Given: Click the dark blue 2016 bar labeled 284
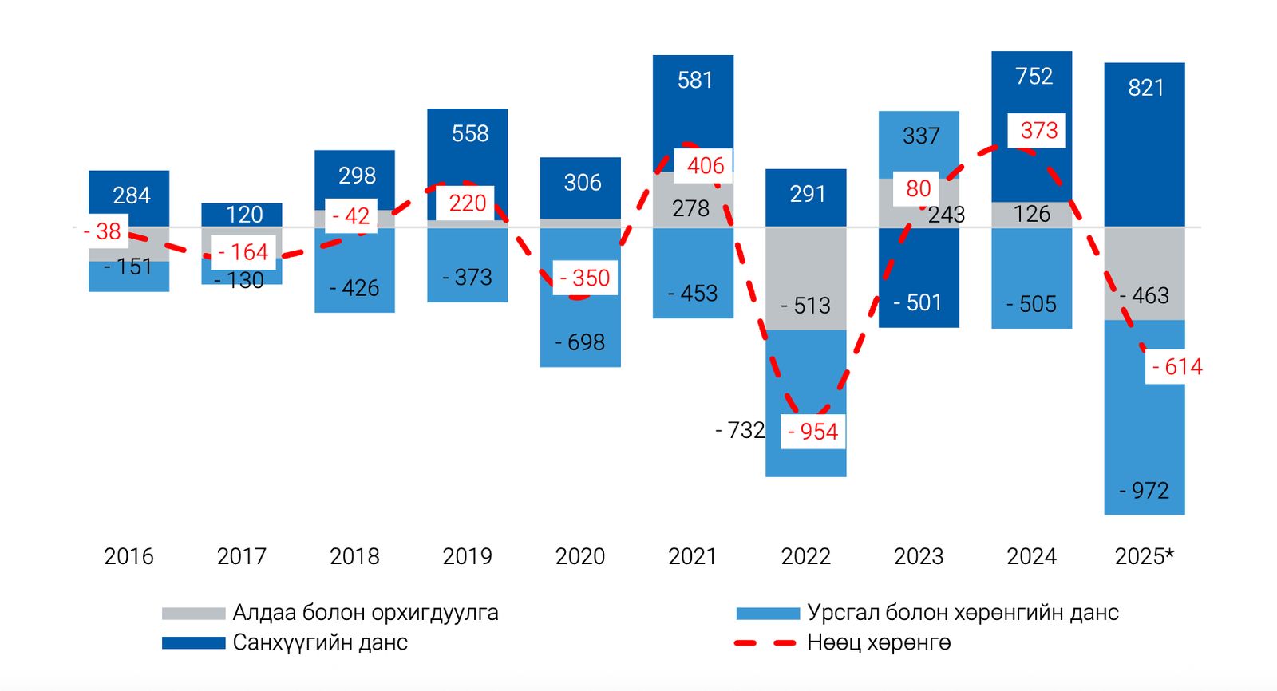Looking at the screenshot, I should pos(128,198).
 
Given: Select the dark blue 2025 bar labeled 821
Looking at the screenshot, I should pos(1145,144).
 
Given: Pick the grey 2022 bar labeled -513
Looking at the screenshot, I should pos(805,279).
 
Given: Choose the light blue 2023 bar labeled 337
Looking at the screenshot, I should pos(919,144).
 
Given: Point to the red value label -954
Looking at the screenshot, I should pos(812,432).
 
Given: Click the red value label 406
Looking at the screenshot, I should pos(705,166).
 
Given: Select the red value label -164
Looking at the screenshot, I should pos(243,252).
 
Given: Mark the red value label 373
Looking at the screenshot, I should pos(1038,130).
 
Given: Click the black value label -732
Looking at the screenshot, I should pos(740,431).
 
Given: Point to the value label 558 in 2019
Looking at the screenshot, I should pos(469,133).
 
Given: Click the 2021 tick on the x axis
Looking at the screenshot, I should pos(693,556).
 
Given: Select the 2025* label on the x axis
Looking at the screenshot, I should pos(1144,556).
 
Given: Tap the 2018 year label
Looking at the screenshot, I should pos(354,556).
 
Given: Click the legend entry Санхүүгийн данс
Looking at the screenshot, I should pos(319,642).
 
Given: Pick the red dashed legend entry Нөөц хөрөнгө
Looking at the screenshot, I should pos(878,642).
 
